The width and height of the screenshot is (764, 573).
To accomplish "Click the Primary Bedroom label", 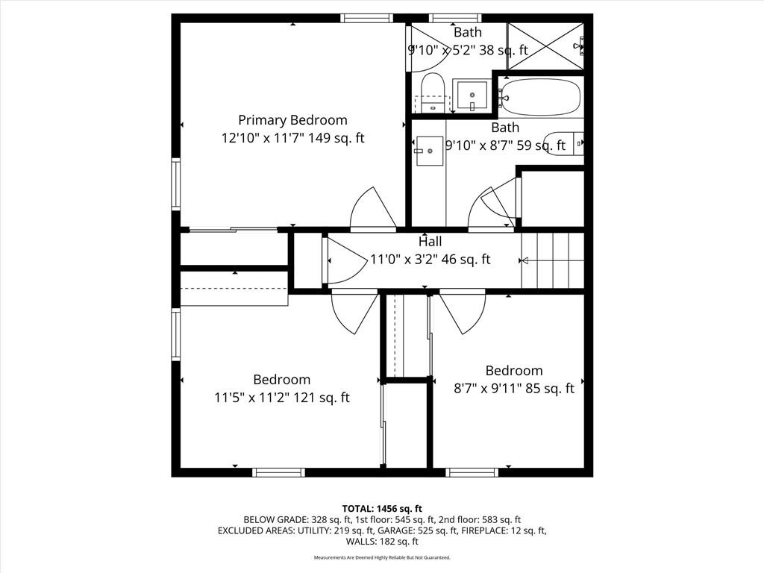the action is click(292, 120).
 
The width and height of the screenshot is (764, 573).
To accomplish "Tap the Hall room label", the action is click(430, 241).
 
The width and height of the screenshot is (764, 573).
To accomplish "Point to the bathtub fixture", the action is click(541, 97).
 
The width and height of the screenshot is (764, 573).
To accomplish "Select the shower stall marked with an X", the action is click(545, 46).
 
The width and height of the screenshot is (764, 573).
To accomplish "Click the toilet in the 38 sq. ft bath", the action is click(432, 93).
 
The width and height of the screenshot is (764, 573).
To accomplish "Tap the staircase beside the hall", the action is click(553, 260).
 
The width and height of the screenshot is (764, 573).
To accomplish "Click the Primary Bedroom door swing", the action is click(373, 208).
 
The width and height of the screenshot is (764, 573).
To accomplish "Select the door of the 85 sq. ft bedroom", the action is click(462, 313).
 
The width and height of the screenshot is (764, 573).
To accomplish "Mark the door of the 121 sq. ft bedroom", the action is click(354, 312).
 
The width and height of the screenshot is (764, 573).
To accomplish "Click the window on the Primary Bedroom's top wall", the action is click(366, 18).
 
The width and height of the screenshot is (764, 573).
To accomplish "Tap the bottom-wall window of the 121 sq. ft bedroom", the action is click(279, 472).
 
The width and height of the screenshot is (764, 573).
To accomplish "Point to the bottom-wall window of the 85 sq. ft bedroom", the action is click(472, 472).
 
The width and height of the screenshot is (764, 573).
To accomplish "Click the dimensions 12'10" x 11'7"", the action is click(263, 138).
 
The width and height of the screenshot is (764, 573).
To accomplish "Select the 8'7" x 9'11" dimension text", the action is click(489, 388).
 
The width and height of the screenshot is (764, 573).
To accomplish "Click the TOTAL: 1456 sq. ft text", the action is click(382, 509).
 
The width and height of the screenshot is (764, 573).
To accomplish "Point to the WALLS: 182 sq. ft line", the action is click(382, 542).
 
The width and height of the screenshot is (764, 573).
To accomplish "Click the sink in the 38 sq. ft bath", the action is click(472, 96).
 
